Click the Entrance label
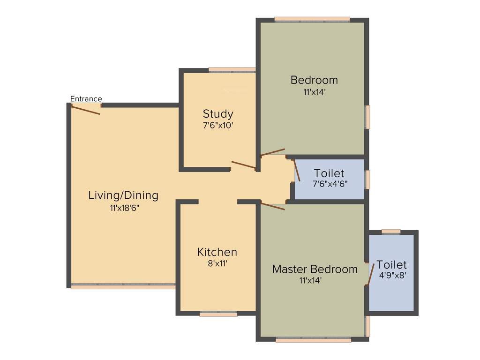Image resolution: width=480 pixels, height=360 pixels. pos(86,99)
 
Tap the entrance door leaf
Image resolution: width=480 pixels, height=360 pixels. pos(85,109)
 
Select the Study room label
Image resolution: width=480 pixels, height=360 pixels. pos(218,114)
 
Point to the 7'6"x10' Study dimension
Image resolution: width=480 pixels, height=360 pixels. pos(218,125)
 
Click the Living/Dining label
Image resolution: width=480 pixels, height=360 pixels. pos(123,195)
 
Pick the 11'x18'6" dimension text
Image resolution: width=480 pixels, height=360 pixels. pos(124,208)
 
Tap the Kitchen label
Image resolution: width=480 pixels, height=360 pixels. pos(217,252)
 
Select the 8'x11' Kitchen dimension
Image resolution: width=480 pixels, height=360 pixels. pos(217,263)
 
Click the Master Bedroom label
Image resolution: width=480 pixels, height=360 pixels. pos(315,270)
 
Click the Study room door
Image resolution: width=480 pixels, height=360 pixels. pos(243,165)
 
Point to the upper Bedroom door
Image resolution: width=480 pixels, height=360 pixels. pos(273,152)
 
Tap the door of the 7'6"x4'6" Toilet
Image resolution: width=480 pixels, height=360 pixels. pos(297,170)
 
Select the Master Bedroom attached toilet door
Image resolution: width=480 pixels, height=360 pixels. pos(370,274)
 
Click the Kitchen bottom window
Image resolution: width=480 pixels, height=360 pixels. pos(218,315)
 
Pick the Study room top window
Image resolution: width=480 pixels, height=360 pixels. pos(232,70)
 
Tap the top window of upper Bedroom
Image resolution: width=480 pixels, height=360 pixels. pos(312,19)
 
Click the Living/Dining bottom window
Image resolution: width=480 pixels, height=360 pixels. pos(123,286)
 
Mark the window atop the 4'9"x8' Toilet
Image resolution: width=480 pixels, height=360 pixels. pos(391,231)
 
